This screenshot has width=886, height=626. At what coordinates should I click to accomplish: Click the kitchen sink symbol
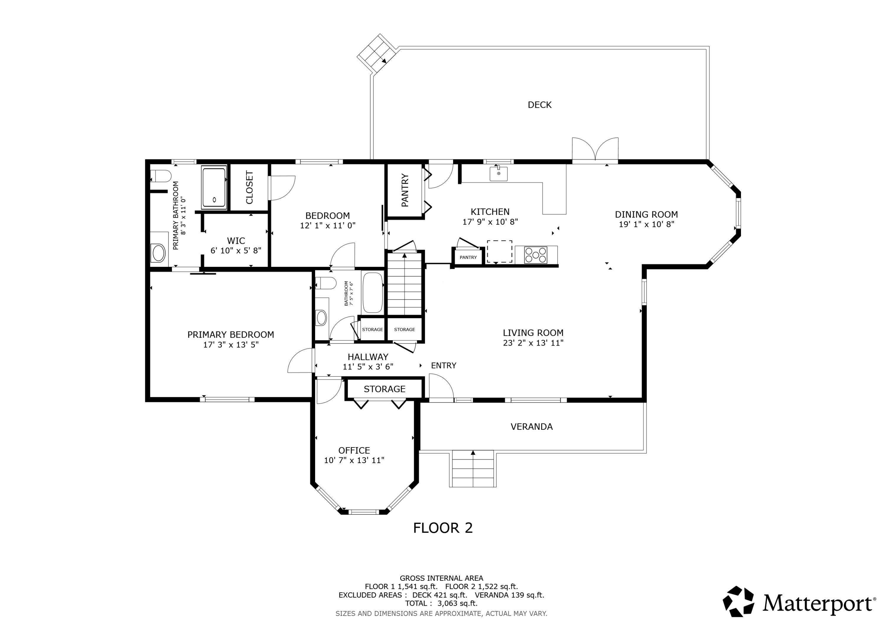[x=499, y=174]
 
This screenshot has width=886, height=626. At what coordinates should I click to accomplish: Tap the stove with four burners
[x=536, y=255]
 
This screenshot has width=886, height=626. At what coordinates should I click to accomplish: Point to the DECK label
[x=540, y=105]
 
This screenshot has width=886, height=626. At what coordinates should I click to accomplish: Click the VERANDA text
[x=531, y=426]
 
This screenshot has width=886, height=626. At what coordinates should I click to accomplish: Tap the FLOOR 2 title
[x=443, y=528]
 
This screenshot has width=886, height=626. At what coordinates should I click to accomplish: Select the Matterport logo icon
[x=738, y=602]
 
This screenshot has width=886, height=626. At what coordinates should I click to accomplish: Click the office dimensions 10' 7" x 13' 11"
[x=354, y=460]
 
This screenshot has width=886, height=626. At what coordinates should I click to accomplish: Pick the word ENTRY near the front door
[x=443, y=366]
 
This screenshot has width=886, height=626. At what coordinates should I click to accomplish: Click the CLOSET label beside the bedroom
[x=249, y=187]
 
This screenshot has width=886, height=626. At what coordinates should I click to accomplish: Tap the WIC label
[x=236, y=241]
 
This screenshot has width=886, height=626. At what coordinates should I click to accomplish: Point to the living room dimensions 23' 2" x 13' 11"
[x=533, y=343]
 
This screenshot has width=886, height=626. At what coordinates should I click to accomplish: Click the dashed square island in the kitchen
[x=499, y=252]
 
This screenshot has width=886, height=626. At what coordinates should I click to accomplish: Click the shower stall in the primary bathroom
[x=214, y=187]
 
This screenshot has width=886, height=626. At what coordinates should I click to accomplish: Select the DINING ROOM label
[x=646, y=215]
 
